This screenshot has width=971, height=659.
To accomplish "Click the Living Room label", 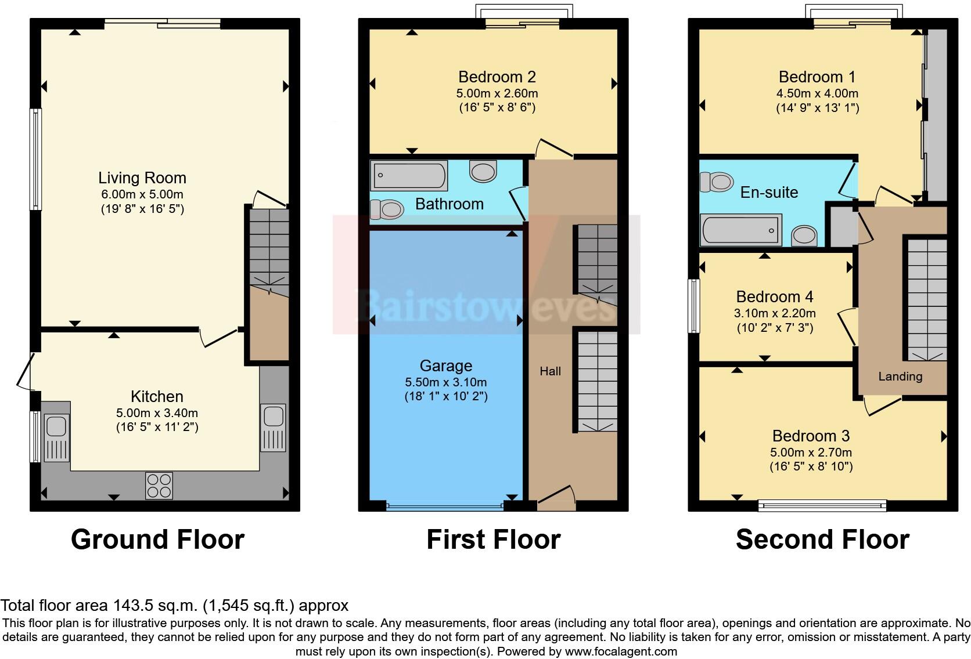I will click(x=142, y=178).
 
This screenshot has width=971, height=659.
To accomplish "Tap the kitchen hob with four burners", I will click(x=159, y=486).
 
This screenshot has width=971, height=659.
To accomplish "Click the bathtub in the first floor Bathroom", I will click(x=409, y=175).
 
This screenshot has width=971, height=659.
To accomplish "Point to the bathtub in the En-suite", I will click(x=741, y=230).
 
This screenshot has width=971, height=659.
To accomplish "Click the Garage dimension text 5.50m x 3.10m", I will click(x=445, y=382).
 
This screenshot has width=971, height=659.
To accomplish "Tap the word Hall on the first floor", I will click(x=550, y=371).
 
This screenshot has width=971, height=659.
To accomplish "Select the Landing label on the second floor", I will click(x=900, y=376).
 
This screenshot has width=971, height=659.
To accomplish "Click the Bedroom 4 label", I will click(x=774, y=297).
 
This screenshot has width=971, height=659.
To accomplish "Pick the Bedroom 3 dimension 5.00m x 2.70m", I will click(x=811, y=452).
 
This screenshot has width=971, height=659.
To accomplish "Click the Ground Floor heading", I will click(x=157, y=539).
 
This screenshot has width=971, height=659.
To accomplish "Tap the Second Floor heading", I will click(x=822, y=539).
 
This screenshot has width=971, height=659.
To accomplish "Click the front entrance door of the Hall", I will click(x=556, y=498).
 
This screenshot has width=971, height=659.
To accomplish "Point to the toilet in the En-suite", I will click(x=717, y=182).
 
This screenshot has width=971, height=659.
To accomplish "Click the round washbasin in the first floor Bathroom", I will click(x=483, y=171).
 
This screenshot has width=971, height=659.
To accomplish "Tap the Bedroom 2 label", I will click(x=497, y=77).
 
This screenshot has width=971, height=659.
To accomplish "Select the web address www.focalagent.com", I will click(x=620, y=651).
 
